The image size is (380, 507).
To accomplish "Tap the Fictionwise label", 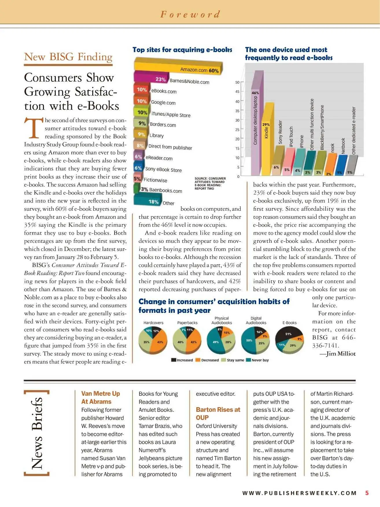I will tap(155, 180).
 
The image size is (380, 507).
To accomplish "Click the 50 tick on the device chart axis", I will tap(237, 82).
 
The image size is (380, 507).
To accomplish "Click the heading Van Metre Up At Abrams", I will tap(100, 397).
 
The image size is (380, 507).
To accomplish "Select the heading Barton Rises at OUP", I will tap(218, 414).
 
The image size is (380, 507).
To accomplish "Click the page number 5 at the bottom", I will tap(367, 493).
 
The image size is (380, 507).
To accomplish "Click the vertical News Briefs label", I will tap(37, 433).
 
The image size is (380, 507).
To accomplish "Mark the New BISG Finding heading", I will tap(68, 57).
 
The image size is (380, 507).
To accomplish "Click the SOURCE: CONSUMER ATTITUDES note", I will tap(210, 183).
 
